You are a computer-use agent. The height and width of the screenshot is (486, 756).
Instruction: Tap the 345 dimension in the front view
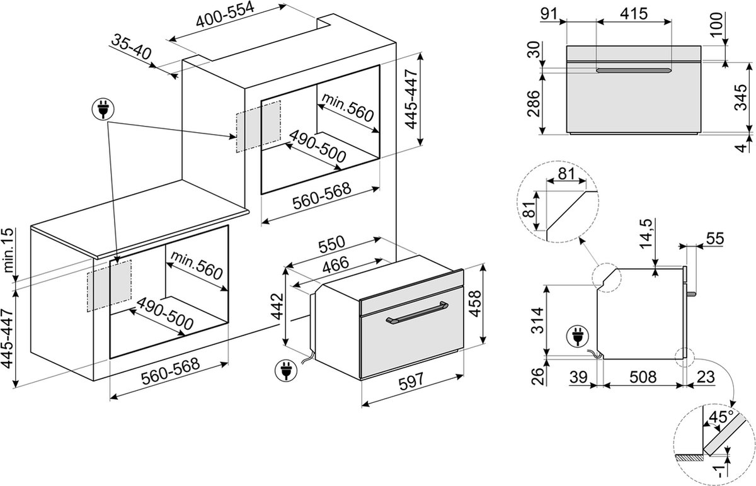click(743, 98)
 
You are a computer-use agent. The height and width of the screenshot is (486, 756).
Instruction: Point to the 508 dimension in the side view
click(643, 378)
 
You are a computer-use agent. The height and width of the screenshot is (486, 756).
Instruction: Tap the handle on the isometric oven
click(416, 312)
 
